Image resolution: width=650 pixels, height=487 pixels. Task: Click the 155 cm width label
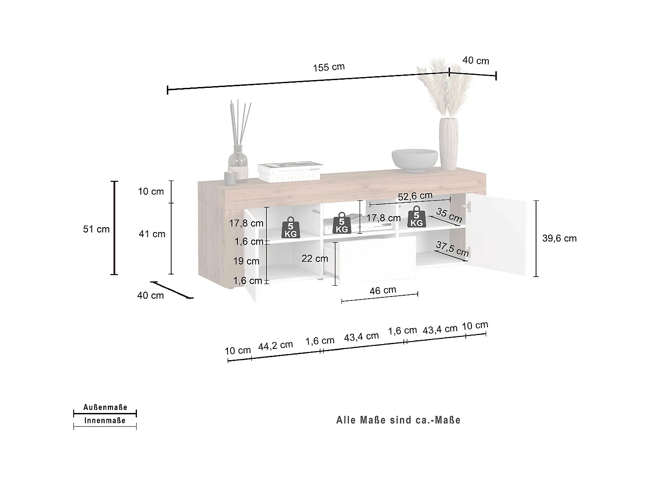point(328,67)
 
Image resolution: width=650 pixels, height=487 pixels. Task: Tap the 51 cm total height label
point(96,229)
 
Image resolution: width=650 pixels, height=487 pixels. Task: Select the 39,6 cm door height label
point(559,238)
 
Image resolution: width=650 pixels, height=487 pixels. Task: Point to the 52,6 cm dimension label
point(415,196)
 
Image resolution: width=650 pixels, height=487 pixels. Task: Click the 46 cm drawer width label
point(383,290)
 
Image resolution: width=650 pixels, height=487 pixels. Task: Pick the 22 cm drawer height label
point(315,258)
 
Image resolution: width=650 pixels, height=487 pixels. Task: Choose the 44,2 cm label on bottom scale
point(276,345)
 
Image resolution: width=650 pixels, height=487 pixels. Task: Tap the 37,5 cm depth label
point(452,249)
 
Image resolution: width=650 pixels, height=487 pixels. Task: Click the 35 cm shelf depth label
point(449,215)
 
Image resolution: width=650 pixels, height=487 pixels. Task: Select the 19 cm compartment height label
point(246,261)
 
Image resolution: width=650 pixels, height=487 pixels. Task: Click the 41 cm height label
point(152,234)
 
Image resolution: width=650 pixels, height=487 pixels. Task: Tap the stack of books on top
point(289,172)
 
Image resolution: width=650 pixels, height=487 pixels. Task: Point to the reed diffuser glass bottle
point(238,161)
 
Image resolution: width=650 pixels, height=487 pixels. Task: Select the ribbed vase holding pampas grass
point(448,143)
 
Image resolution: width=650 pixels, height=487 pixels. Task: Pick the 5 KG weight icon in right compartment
point(416,217)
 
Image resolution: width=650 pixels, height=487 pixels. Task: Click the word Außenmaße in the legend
point(105,407)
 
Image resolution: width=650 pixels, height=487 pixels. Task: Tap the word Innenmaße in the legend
point(105,420)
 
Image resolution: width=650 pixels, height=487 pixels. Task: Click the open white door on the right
point(498,237)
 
